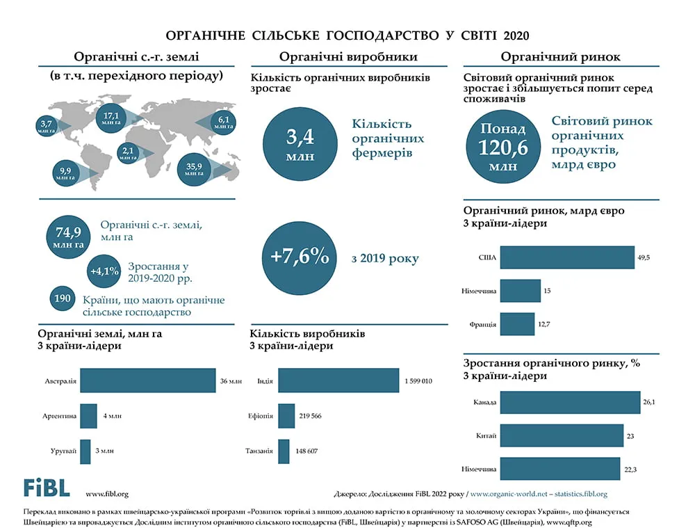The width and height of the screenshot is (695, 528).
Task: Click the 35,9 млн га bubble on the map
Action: click(194, 170)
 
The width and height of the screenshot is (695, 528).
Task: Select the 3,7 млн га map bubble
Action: click(46, 126)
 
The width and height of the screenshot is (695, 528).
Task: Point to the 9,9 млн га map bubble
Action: click(65, 173)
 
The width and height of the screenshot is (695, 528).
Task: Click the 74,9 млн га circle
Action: click(68, 237)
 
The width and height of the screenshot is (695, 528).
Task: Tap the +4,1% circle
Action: click(104, 271)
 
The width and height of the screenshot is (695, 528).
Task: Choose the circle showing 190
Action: click(63, 298)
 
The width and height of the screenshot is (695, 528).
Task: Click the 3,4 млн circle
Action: click(300, 144)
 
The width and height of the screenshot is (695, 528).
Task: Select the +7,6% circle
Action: click(299, 258)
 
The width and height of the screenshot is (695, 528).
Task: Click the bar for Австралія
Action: click(148, 381)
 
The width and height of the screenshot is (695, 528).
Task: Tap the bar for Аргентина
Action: click(89, 416)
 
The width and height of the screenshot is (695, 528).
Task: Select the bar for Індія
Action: click(338, 381)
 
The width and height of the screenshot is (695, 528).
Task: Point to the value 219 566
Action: click(310, 416)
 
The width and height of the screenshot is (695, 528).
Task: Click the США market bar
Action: click(567, 257)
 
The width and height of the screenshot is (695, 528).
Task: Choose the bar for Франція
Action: click(517, 324)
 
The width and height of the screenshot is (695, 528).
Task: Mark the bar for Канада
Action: click(571, 402)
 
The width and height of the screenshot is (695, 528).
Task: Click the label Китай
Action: click(486, 435)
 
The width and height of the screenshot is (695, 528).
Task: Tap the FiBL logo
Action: click(47, 488)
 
